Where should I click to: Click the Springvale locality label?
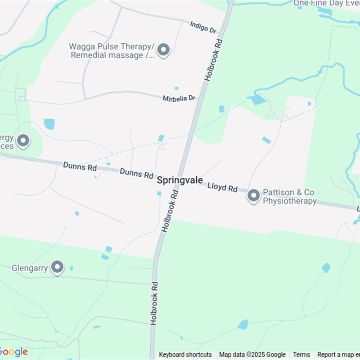[x=180, y=180]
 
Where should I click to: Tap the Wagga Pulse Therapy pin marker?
[x=163, y=50]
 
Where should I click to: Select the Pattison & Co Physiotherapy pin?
[x=254, y=196]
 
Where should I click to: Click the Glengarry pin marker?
[x=57, y=267]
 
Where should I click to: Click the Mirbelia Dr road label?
[x=179, y=98]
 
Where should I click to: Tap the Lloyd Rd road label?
[x=222, y=187]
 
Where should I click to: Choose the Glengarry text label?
[x=30, y=268]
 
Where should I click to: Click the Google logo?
[x=13, y=352]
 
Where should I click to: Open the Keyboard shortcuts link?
[x=185, y=355]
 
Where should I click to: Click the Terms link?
[x=301, y=355]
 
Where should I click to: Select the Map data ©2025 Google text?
[x=252, y=355]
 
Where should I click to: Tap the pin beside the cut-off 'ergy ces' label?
[x=23, y=141]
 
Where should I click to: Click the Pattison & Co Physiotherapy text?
[x=290, y=197]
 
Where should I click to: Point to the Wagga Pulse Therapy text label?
[x=112, y=51]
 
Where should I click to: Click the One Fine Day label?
[x=326, y=4]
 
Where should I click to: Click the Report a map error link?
[x=338, y=355]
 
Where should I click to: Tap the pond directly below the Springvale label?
[x=159, y=193]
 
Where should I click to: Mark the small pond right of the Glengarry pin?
[x=72, y=268]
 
